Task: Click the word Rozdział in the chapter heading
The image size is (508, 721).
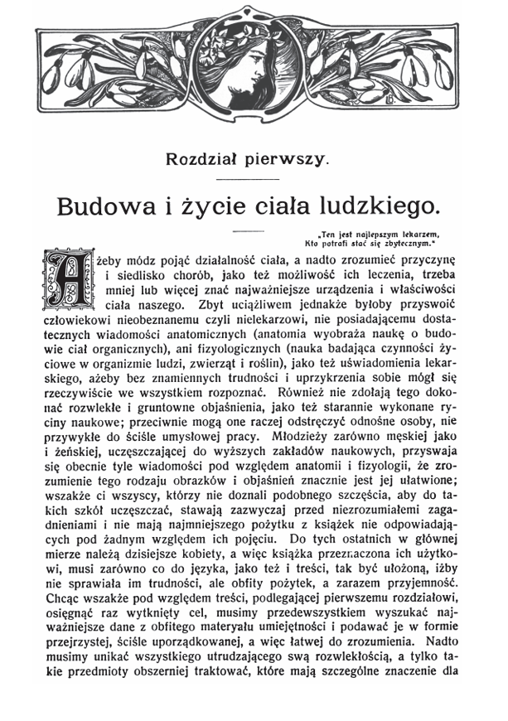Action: (x=203, y=158)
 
